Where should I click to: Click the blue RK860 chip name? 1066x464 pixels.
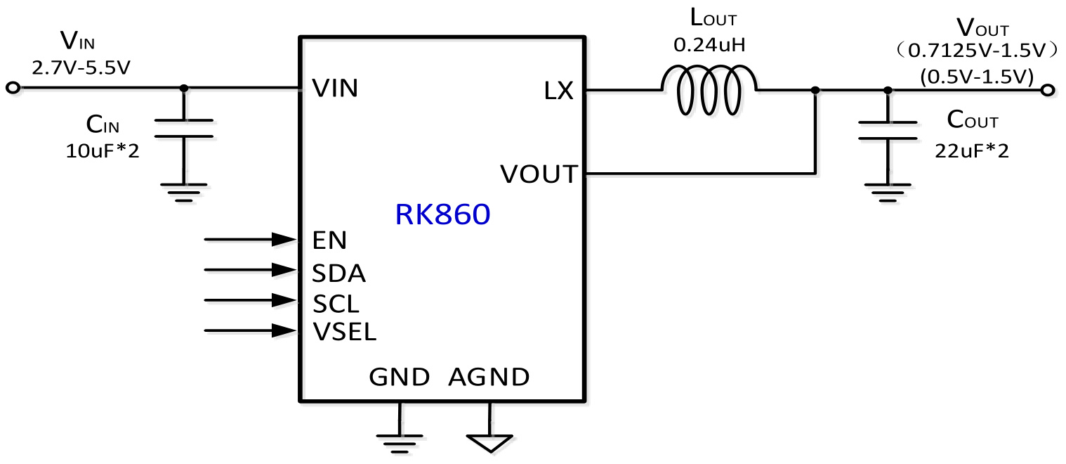442,215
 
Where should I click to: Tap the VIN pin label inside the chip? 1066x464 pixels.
335,88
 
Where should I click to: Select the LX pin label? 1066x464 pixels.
559,91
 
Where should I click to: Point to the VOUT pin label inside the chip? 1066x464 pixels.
538,173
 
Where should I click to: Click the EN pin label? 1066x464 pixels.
329,240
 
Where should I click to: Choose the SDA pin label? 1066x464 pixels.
338,271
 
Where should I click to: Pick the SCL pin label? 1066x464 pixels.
336,303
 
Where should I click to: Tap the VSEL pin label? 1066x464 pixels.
344,331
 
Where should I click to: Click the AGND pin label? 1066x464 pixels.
489,378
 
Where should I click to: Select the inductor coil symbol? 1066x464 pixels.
709,89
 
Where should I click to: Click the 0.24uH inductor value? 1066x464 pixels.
709,46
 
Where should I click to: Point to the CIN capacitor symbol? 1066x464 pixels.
184,127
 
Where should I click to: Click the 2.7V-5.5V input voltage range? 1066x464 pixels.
81,67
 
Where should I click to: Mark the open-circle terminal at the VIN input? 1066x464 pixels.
12,88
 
